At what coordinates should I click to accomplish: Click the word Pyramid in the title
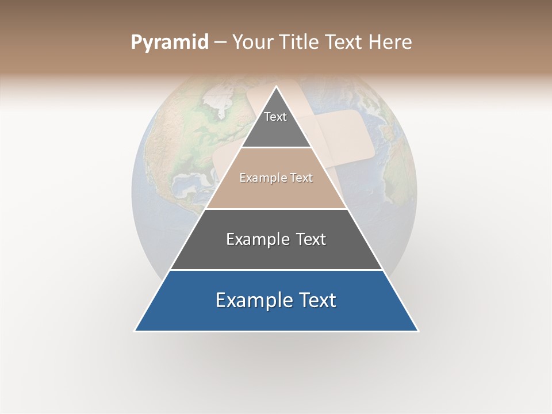click(x=169, y=43)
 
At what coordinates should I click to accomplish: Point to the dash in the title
click(x=220, y=43)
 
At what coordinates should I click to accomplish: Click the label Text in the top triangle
click(x=275, y=117)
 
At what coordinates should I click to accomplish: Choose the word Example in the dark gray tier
click(x=256, y=239)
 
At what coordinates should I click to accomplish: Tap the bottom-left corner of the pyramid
click(x=135, y=331)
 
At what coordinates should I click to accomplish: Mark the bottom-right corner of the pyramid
click(x=417, y=331)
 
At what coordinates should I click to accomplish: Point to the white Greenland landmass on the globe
click(x=219, y=106)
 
